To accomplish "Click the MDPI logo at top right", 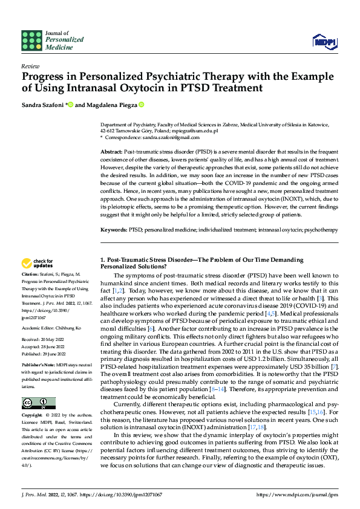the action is tap(324, 41).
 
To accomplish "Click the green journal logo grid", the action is tap(31, 40).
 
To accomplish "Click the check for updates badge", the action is tap(38, 263).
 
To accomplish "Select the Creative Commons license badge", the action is tap(38, 403).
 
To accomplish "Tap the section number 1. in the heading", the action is tap(102, 260).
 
